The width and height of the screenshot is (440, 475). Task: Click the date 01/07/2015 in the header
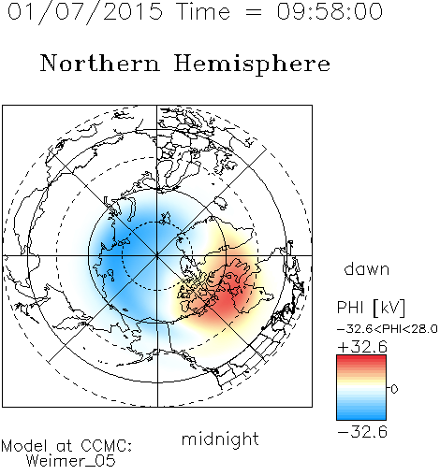[x=85, y=12]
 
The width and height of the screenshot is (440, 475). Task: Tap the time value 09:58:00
[x=330, y=11]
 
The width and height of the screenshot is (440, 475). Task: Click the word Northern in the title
[x=100, y=64]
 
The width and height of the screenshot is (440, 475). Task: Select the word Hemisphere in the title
[x=252, y=65]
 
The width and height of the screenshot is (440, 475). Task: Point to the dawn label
[x=367, y=268]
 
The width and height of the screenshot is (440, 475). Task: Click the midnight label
[x=220, y=439]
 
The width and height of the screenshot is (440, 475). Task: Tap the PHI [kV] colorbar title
[x=371, y=308]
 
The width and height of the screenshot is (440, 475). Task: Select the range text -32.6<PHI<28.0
[x=388, y=329]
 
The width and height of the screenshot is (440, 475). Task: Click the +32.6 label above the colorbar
[x=362, y=347]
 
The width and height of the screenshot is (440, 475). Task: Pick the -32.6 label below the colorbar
[x=362, y=432]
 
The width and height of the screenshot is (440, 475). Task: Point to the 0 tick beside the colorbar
[x=394, y=389]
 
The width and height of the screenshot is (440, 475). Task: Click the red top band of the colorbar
[x=361, y=359]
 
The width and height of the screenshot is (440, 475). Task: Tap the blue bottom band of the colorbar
[x=361, y=415]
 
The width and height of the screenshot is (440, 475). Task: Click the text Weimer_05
[x=71, y=461]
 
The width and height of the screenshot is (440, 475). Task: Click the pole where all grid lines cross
[x=156, y=255]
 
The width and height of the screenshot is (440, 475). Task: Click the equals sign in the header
[x=253, y=12]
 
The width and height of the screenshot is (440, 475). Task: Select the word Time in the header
[x=203, y=11]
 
